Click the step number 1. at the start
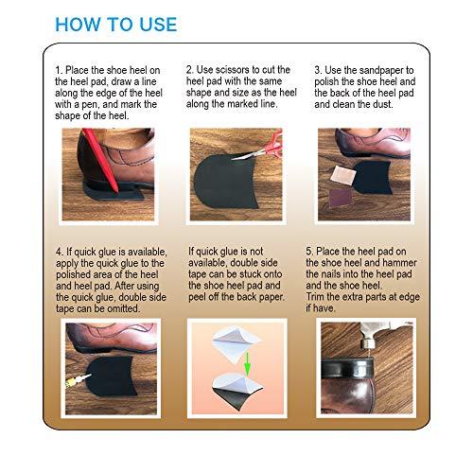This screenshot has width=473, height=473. click(x=61, y=70)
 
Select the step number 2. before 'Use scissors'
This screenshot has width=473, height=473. click(x=192, y=70)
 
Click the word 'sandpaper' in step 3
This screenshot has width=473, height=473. click(x=398, y=70)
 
